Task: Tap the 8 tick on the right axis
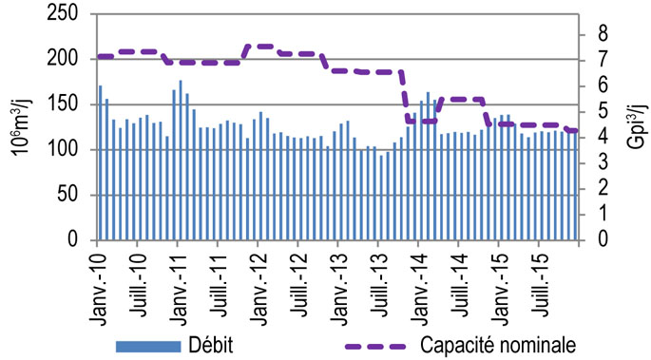pos(602,34)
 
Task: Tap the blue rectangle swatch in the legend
pos(150,343)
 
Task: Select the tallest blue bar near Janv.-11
pos(181,161)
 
